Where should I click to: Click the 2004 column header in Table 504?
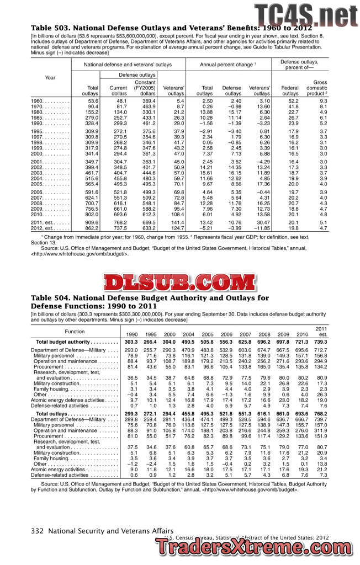click(x=188, y=334)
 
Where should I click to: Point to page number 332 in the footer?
click(x=38, y=531)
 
